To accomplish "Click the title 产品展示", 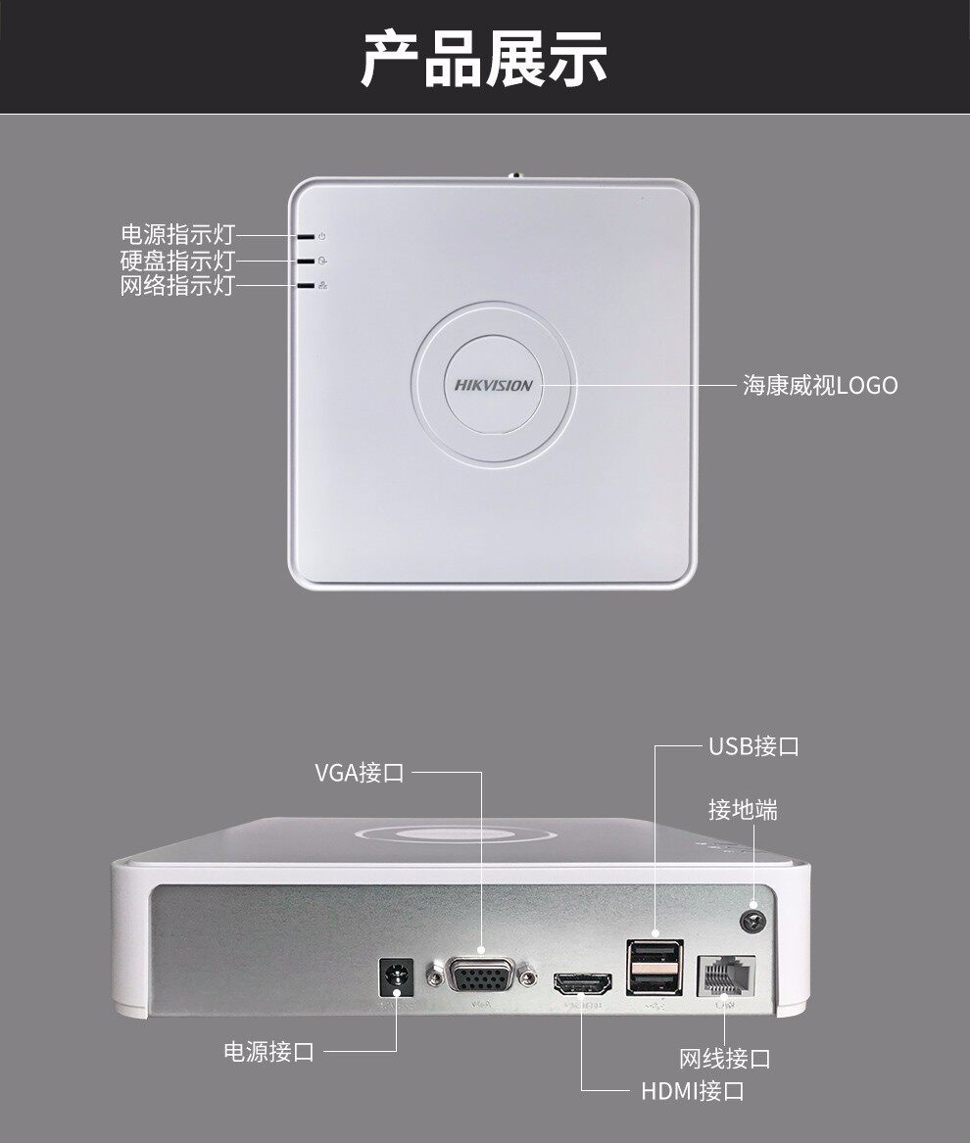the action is (484, 58).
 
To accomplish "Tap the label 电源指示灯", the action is (177, 235).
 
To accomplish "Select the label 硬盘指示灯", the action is (177, 261).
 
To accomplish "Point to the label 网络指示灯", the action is (177, 286).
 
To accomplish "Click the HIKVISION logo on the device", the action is (494, 385).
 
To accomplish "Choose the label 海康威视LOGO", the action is (819, 385).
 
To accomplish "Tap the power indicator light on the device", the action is (307, 236).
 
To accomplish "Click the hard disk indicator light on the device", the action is (307, 262).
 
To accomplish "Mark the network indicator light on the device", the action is (307, 286).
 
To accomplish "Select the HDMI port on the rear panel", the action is (582, 982).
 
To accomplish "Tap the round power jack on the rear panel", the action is (397, 977).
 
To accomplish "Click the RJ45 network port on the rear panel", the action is (725, 976).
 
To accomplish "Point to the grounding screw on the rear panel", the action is (753, 920).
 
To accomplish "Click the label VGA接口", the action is (359, 772).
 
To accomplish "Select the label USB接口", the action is (753, 746).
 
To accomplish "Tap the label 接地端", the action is (743, 810).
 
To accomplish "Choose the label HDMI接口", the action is (693, 1090).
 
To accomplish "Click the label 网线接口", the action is (724, 1059).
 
